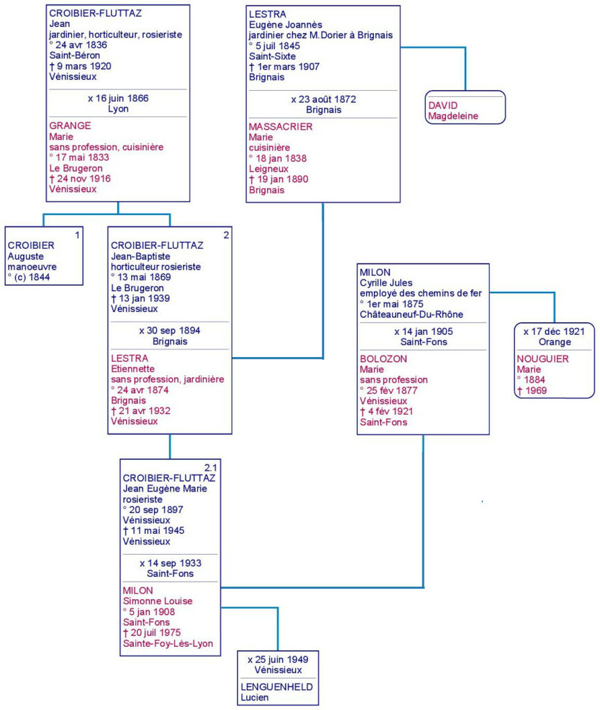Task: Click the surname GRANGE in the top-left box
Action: tap(70, 126)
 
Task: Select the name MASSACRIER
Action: tap(280, 127)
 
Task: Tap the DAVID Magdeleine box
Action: tap(465, 107)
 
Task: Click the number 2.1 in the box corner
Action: tap(211, 468)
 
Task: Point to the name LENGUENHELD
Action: tap(277, 687)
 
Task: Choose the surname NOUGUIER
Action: tap(542, 359)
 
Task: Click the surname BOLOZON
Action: tap(383, 359)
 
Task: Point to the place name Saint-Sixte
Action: tap(272, 56)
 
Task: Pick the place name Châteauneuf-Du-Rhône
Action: tap(411, 315)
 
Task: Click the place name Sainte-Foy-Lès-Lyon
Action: tap(168, 643)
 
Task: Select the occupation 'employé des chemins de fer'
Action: tap(420, 293)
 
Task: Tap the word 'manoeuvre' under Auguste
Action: tap(32, 267)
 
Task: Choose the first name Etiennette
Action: tap(132, 369)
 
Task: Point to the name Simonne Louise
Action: tap(157, 601)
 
